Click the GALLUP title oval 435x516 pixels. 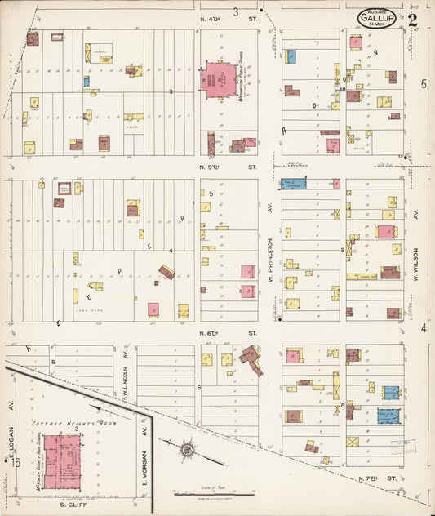coord(376,18)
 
